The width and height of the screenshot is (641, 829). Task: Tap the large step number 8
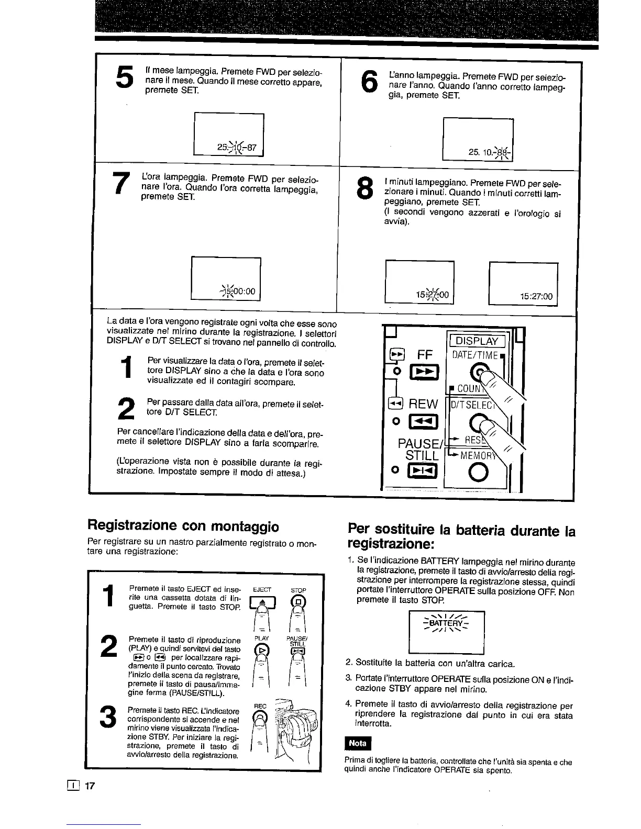click(x=363, y=190)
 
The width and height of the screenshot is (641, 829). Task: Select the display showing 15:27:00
click(x=523, y=283)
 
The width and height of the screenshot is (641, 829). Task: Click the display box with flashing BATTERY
click(x=446, y=631)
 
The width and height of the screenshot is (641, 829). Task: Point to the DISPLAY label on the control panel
click(x=477, y=341)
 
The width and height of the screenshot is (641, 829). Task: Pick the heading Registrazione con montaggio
click(x=183, y=525)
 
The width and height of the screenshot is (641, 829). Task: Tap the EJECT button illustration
click(x=260, y=604)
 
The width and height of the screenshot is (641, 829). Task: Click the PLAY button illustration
click(x=261, y=652)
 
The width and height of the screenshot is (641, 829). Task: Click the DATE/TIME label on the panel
click(x=476, y=355)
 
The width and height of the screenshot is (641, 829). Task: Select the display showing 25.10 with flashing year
click(x=478, y=139)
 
